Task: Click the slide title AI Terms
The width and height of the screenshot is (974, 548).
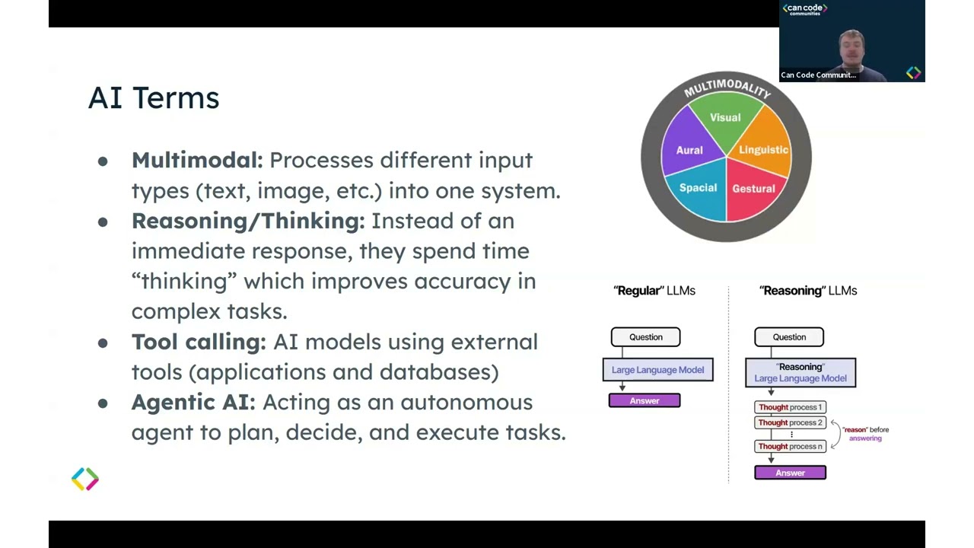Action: tap(154, 98)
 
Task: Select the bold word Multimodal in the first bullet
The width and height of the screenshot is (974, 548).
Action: tap(196, 161)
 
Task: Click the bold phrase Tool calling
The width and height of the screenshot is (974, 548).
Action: tap(199, 342)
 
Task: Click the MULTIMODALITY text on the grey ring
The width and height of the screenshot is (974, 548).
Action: tap(727, 87)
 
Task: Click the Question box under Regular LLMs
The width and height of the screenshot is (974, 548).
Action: tap(645, 337)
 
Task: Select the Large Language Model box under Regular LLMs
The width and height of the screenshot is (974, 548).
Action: tap(657, 370)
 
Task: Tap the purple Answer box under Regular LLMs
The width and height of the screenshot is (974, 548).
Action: tap(645, 400)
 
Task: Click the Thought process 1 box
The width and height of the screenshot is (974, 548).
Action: tap(790, 407)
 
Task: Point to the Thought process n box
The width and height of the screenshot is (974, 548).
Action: tap(790, 447)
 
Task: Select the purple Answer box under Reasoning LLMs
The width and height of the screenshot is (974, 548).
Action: tap(790, 473)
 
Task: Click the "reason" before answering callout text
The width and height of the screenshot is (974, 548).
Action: tap(865, 434)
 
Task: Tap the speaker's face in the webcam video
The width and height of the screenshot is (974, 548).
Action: tap(851, 46)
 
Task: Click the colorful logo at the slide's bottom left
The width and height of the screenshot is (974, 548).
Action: tap(85, 479)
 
